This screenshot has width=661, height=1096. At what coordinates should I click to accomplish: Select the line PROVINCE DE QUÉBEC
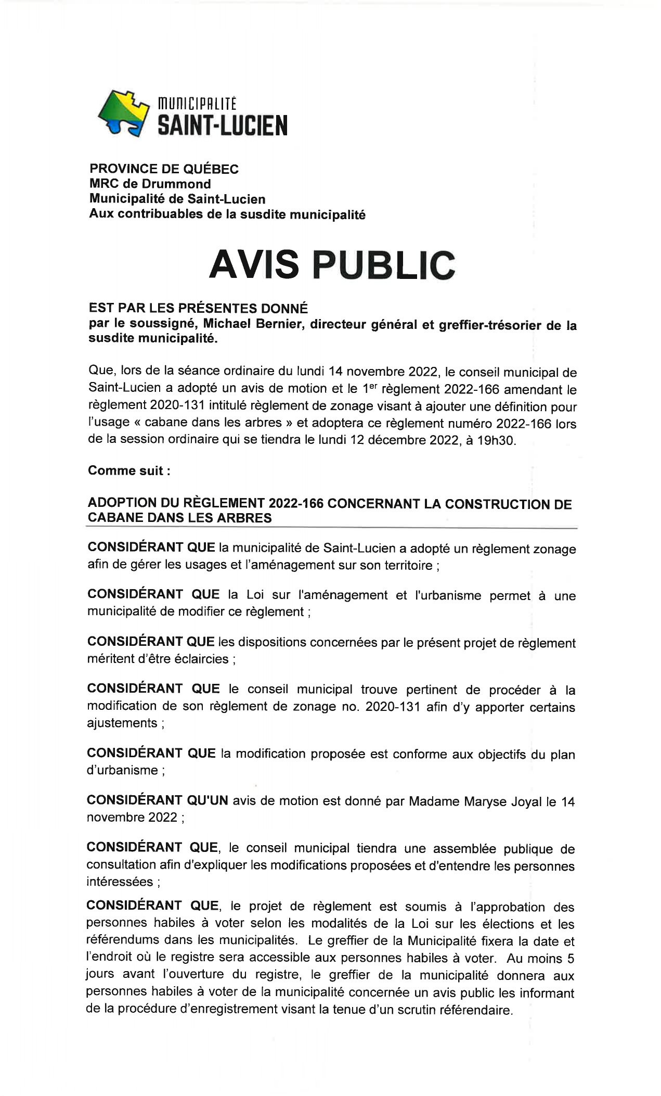pyautogui.click(x=164, y=169)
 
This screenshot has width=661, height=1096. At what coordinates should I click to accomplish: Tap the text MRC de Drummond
pyautogui.click(x=150, y=184)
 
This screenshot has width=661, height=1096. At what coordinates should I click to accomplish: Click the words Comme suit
pyautogui.click(x=125, y=470)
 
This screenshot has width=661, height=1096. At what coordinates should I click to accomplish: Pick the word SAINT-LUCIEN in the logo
pyautogui.click(x=222, y=125)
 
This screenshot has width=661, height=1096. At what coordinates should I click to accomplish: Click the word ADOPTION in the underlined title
pyautogui.click(x=121, y=503)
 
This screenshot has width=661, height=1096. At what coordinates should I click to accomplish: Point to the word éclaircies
pyautogui.click(x=201, y=659)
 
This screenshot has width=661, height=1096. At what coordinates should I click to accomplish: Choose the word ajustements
pyautogui.click(x=122, y=723)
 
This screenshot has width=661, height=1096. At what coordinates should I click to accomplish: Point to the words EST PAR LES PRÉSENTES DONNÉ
pyautogui.click(x=198, y=308)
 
